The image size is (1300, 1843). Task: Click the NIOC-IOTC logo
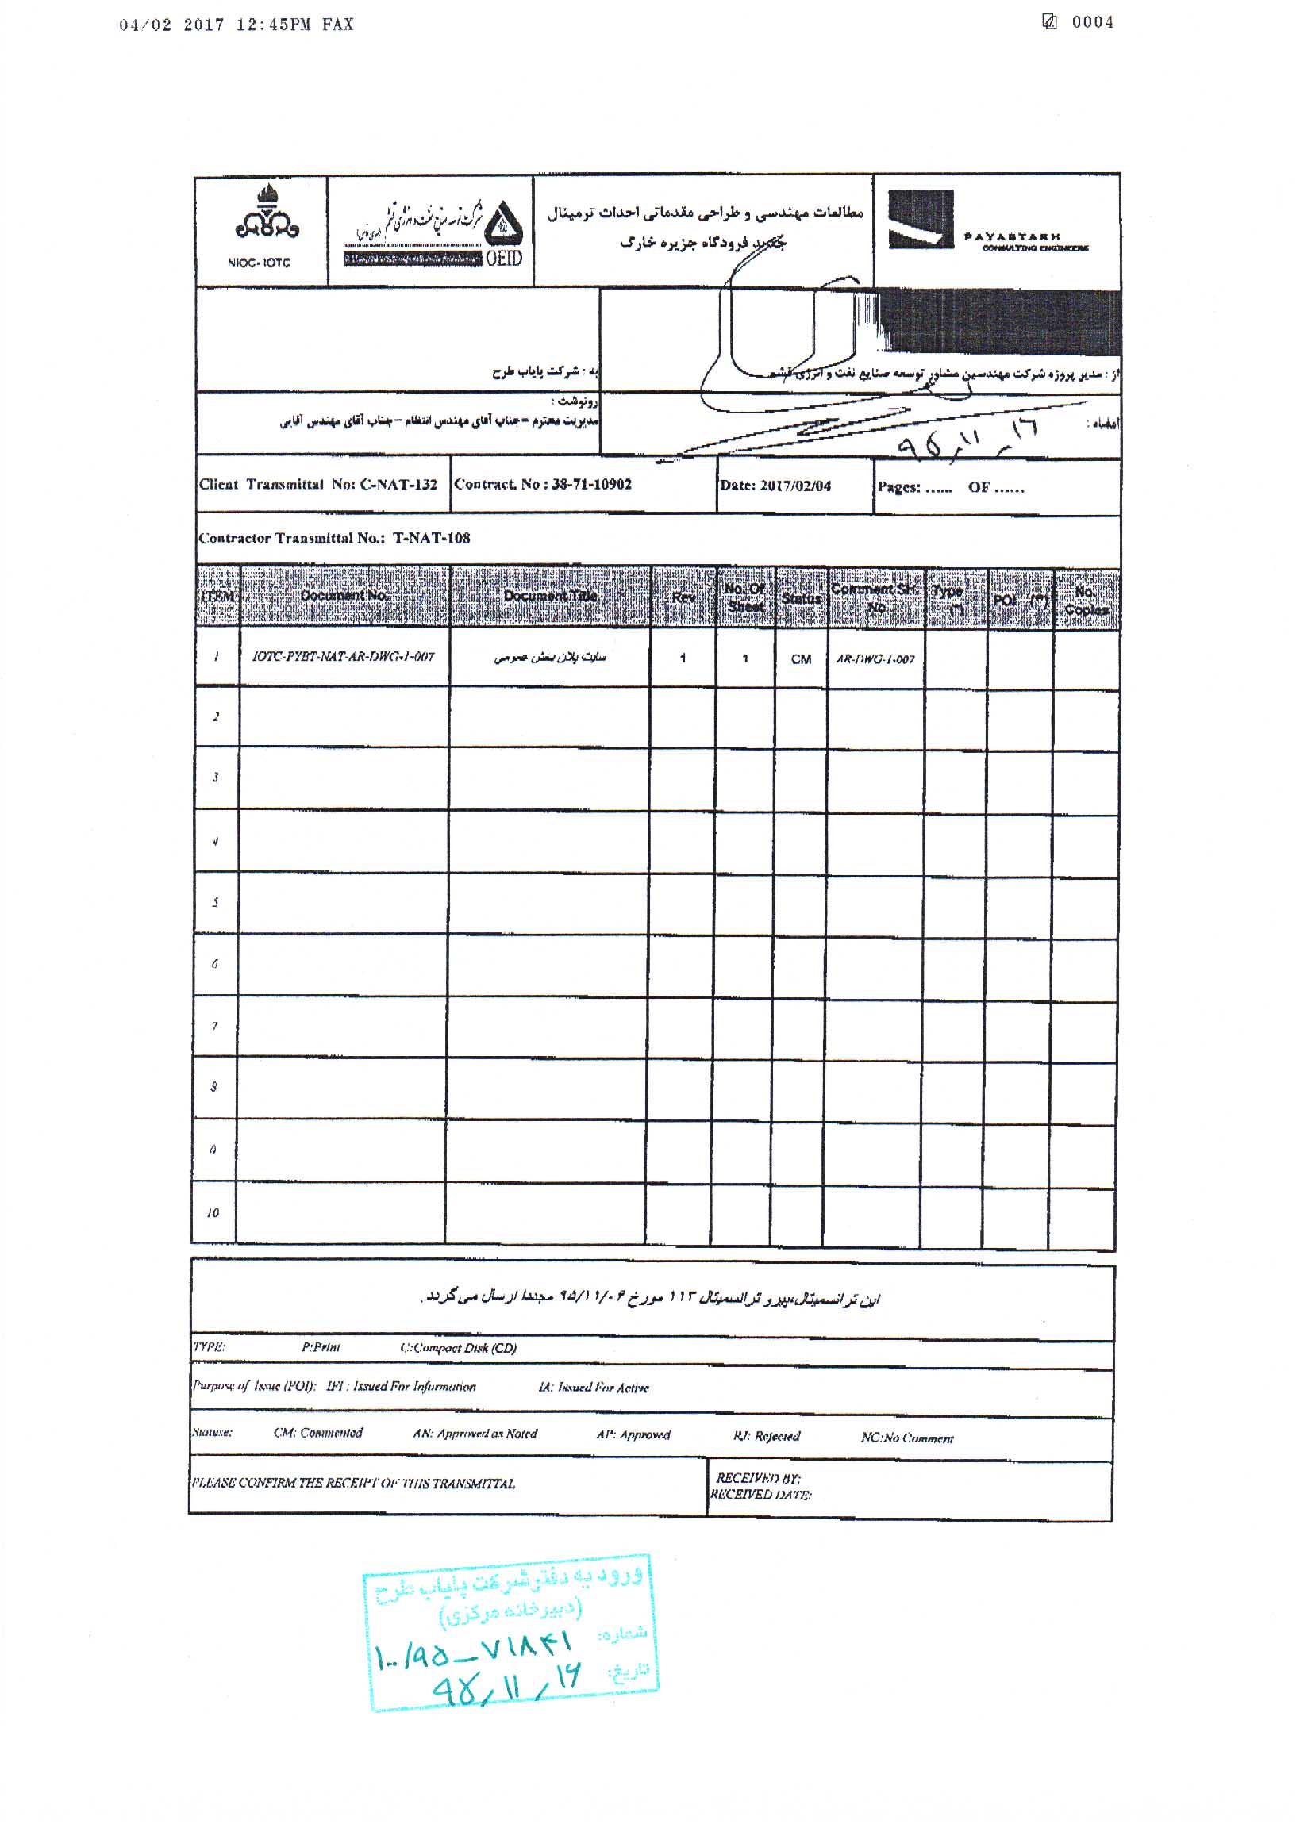[262, 226]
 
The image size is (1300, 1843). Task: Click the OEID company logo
[433, 231]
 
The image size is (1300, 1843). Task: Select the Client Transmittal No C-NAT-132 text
[318, 485]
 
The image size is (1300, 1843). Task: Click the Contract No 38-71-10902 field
[543, 484]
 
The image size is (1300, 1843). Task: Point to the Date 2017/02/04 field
[775, 486]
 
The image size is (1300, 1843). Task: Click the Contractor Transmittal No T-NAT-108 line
[334, 538]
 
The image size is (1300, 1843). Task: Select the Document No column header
[344, 596]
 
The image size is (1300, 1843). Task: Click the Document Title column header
[550, 596]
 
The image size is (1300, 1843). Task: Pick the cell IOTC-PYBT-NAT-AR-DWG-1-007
[343, 657]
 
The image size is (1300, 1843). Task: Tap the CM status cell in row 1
[801, 659]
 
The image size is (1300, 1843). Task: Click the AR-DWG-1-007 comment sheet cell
[875, 660]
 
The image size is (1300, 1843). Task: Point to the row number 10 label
[213, 1212]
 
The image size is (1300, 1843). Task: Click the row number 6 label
[214, 964]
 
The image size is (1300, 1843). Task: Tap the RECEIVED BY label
[757, 1478]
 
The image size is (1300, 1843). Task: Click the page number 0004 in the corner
[1092, 22]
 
